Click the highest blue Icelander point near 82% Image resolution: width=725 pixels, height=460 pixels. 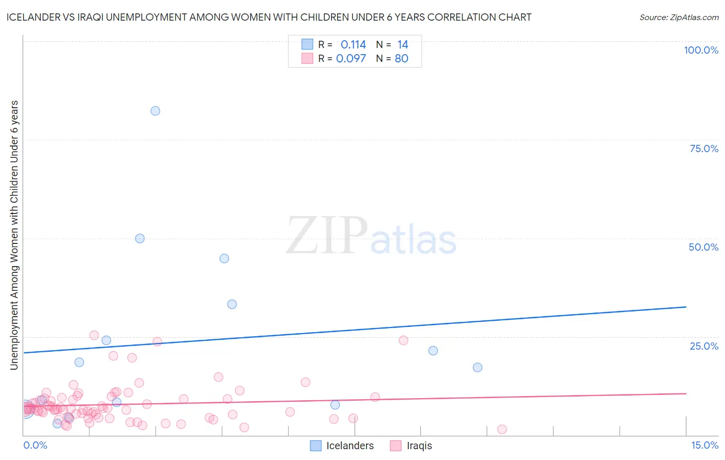pos(155,111)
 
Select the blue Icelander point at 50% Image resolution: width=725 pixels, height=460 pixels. pos(140,238)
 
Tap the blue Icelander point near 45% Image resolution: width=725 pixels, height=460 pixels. pos(224,258)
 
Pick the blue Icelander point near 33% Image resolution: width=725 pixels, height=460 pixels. pos(232,304)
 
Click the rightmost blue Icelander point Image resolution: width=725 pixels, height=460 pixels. pos(477,367)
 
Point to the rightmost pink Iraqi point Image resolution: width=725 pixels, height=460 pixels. pos(502,429)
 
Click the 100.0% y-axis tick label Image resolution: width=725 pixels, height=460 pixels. pos(701,50)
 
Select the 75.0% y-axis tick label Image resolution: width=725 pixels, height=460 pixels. pos(704,149)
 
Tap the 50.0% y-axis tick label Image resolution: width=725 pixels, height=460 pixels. pos(703,247)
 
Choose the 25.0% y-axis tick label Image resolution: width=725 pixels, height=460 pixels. pos(704,346)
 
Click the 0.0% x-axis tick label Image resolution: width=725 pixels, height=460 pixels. pos(35,445)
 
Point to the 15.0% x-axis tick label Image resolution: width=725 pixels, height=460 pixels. pos(704,445)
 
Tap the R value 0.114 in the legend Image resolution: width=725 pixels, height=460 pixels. pos(353,45)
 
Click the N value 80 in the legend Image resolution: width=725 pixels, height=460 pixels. pos(401,58)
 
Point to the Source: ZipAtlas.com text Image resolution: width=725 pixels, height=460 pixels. pos(679,17)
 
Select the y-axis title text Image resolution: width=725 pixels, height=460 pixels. pos(14,235)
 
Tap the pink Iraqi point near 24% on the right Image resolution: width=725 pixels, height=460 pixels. pos(403,340)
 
